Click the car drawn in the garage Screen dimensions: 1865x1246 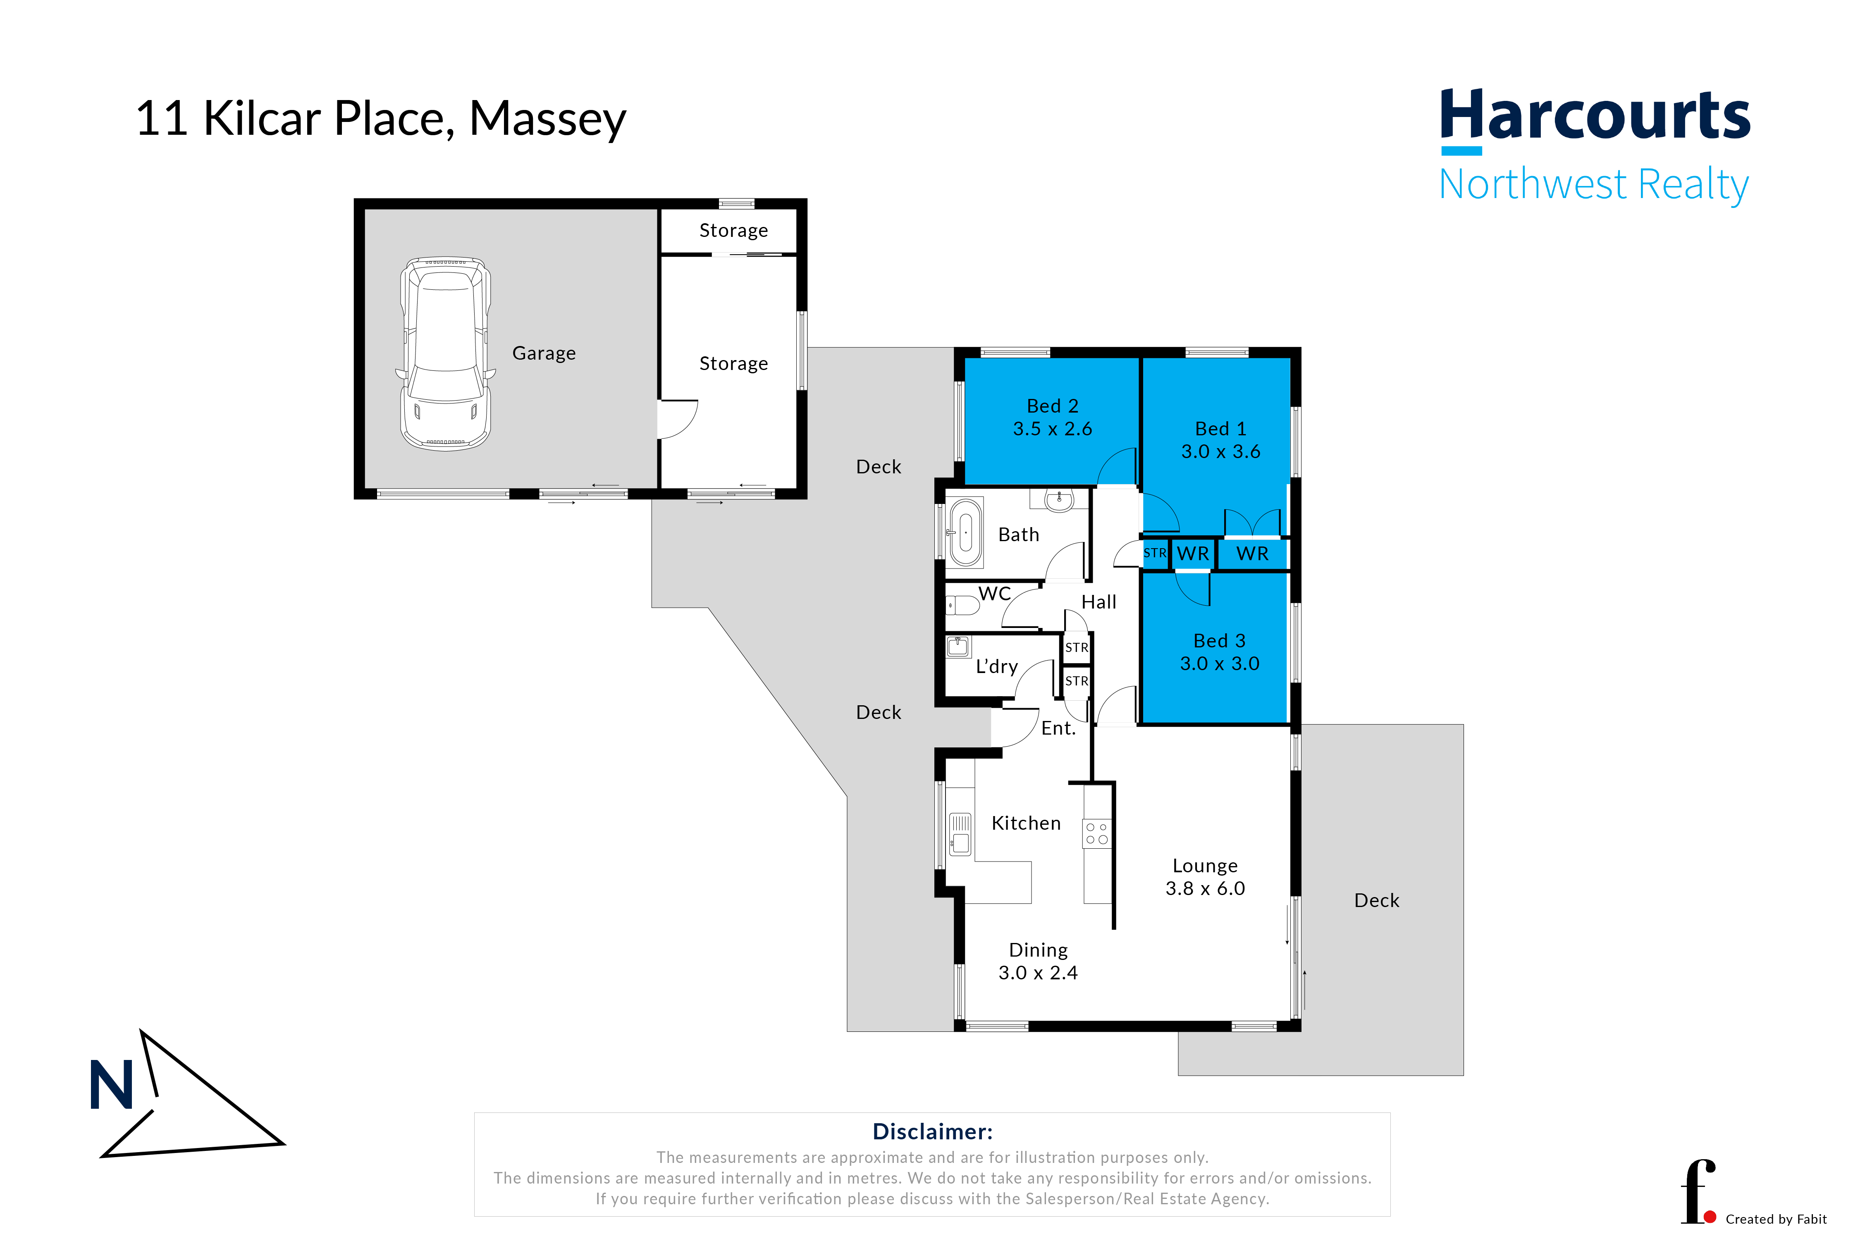(445, 353)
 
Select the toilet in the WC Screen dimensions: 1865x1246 (962, 606)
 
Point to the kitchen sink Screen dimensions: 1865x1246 (960, 833)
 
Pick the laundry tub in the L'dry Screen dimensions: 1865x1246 (958, 646)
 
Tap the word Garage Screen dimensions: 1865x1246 (544, 353)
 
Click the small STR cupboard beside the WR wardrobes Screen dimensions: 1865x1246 (1155, 553)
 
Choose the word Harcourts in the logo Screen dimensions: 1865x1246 (1595, 115)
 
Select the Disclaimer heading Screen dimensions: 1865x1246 (932, 1131)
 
